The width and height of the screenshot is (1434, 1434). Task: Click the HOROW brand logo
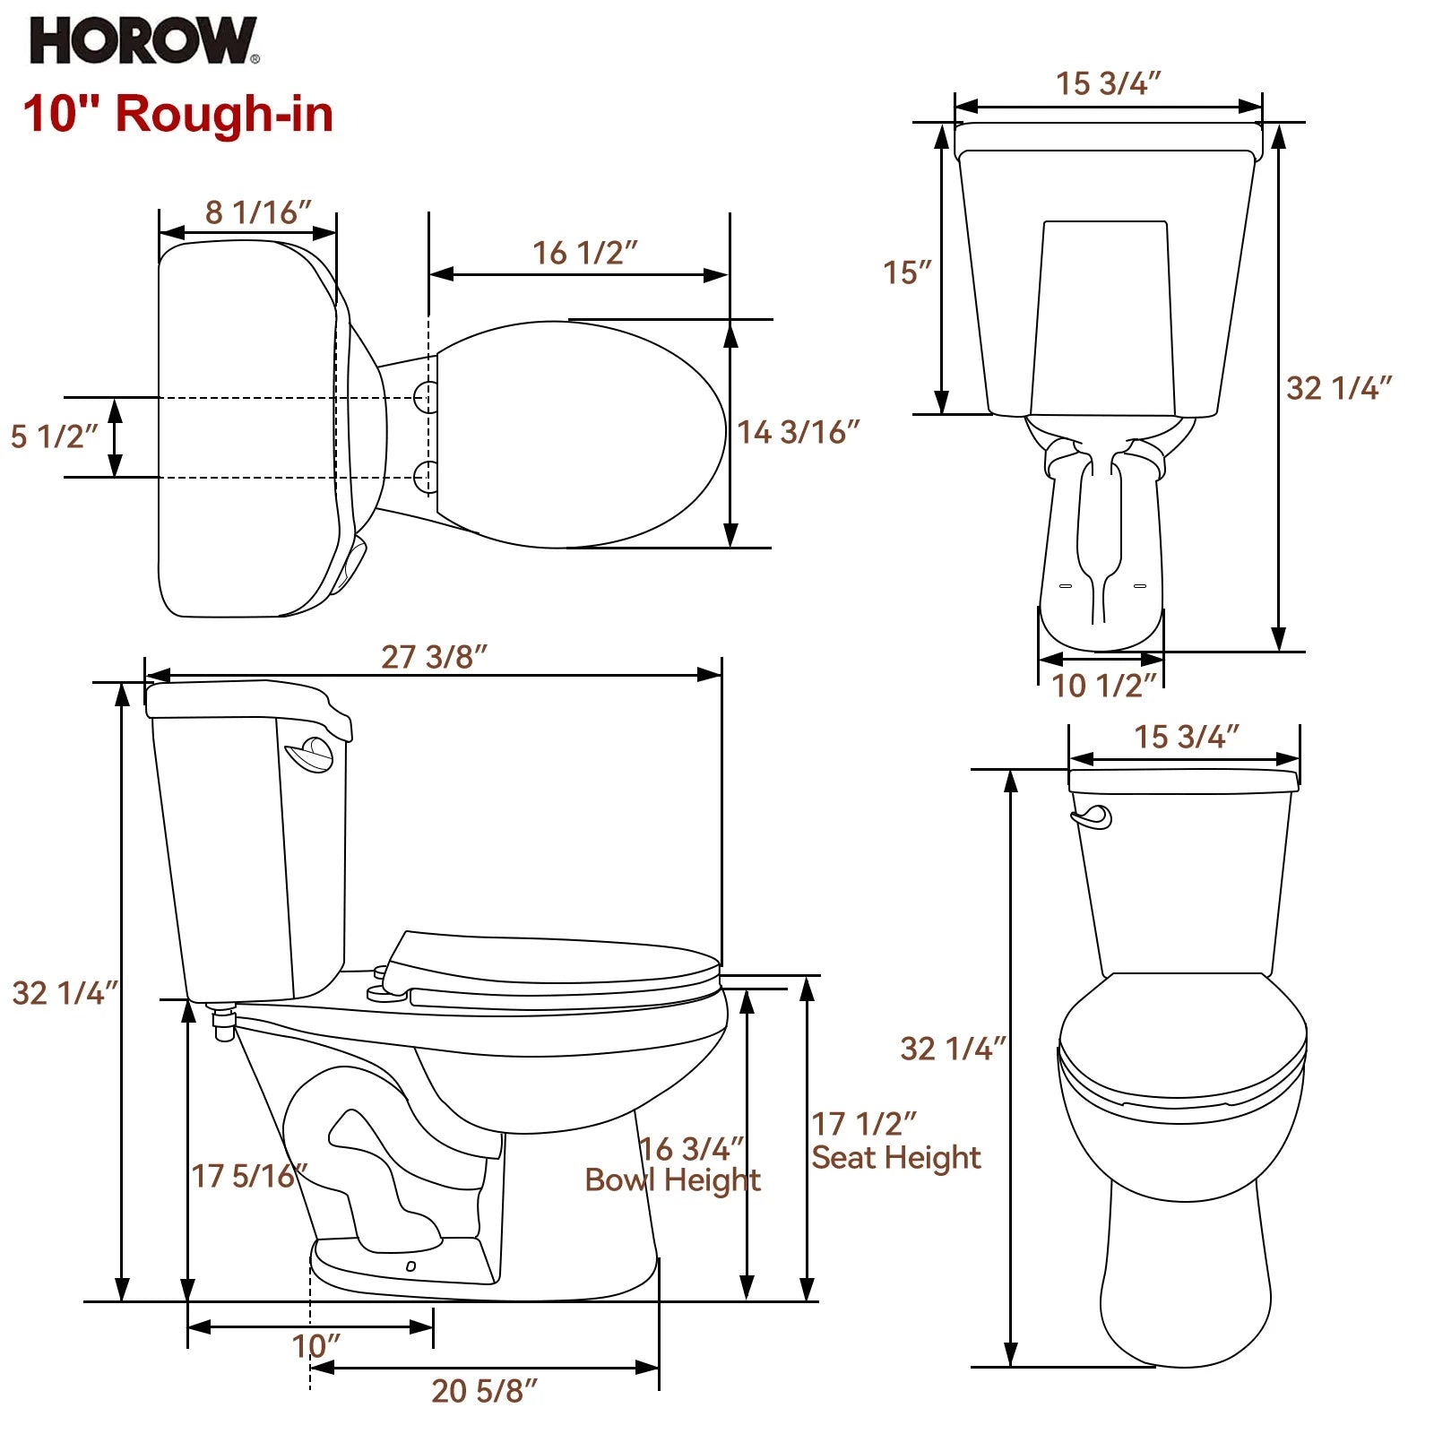pyautogui.click(x=143, y=41)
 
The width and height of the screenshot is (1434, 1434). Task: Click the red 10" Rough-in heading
pyautogui.click(x=177, y=115)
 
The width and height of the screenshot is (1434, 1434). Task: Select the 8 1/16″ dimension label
pyautogui.click(x=257, y=212)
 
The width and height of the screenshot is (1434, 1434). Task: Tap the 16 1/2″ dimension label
pyautogui.click(x=584, y=253)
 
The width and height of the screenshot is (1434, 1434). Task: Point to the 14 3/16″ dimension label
pyautogui.click(x=798, y=432)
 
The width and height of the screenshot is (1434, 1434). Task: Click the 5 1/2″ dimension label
pyautogui.click(x=53, y=436)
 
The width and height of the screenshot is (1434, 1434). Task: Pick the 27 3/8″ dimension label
pyautogui.click(x=434, y=656)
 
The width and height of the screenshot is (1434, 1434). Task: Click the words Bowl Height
pyautogui.click(x=672, y=1180)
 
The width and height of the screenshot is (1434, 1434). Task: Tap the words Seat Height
pyautogui.click(x=895, y=1158)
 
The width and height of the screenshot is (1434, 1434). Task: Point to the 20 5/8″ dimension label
pyautogui.click(x=484, y=1390)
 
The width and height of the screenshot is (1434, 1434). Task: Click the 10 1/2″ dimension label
pyautogui.click(x=1102, y=686)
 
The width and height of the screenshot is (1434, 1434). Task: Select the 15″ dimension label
pyautogui.click(x=907, y=272)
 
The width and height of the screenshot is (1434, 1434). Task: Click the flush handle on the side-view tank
pyautogui.click(x=310, y=754)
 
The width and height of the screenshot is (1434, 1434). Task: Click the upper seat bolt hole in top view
pyautogui.click(x=427, y=395)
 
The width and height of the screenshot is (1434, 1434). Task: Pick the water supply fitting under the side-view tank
pyautogui.click(x=222, y=1022)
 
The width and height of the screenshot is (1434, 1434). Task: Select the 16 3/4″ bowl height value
pyautogui.click(x=691, y=1148)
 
